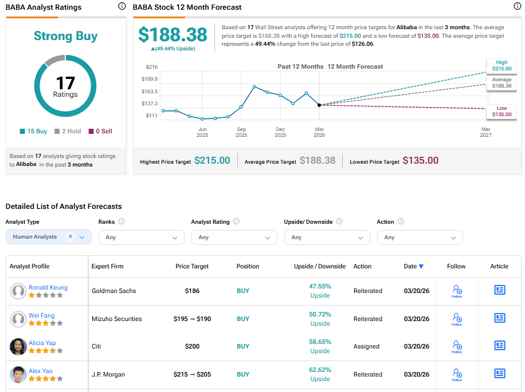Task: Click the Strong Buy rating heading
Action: (65, 36)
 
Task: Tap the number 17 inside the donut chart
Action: (65, 83)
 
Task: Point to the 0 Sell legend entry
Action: (100, 131)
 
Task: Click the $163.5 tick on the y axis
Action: (150, 92)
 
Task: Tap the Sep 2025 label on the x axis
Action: (241, 132)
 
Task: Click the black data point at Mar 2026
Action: (319, 105)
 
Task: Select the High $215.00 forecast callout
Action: (502, 65)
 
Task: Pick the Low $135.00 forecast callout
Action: (502, 111)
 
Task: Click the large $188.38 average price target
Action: (173, 34)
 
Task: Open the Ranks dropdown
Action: (141, 237)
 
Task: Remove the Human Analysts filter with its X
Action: (70, 236)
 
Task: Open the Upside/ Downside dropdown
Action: (327, 237)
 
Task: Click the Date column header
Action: (413, 266)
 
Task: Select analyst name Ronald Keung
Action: (48, 287)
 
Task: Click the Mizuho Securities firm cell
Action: (116, 319)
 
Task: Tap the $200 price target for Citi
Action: (192, 346)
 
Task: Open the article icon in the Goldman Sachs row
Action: (499, 290)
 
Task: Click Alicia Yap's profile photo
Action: (18, 347)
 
